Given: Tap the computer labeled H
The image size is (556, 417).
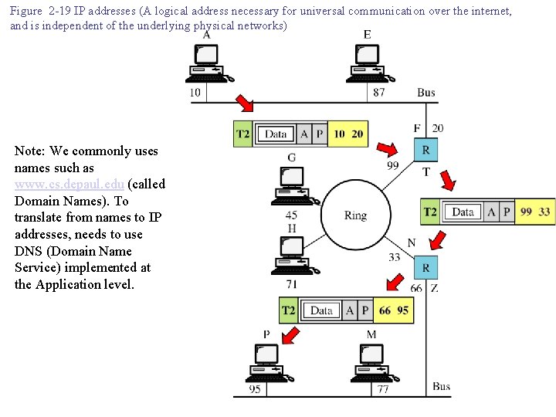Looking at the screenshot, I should [x=293, y=256].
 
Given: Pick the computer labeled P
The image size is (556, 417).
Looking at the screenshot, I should [x=266, y=361].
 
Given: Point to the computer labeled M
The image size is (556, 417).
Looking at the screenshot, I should [x=372, y=361].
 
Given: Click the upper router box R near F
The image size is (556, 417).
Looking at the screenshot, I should [x=425, y=151].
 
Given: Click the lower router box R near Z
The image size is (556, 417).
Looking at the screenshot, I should [x=425, y=267].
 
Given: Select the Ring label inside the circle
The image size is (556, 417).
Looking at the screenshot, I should [x=355, y=215].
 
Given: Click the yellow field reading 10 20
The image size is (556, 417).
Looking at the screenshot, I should [x=348, y=134].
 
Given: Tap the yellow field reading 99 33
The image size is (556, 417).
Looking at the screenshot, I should [x=534, y=212].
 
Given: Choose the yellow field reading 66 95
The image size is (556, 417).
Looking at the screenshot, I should [x=394, y=310].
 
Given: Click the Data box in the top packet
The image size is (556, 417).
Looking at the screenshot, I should [x=276, y=134].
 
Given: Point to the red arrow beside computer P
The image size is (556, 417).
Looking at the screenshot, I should [x=291, y=335].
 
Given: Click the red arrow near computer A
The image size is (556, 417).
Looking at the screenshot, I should [x=244, y=103].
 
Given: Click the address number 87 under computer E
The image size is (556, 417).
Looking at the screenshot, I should [x=378, y=93].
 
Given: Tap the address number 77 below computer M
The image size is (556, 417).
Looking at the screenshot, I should [x=382, y=389].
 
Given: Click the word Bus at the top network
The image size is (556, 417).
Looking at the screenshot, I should [x=426, y=93].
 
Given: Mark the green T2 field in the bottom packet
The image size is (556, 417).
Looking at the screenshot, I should [x=288, y=310].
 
